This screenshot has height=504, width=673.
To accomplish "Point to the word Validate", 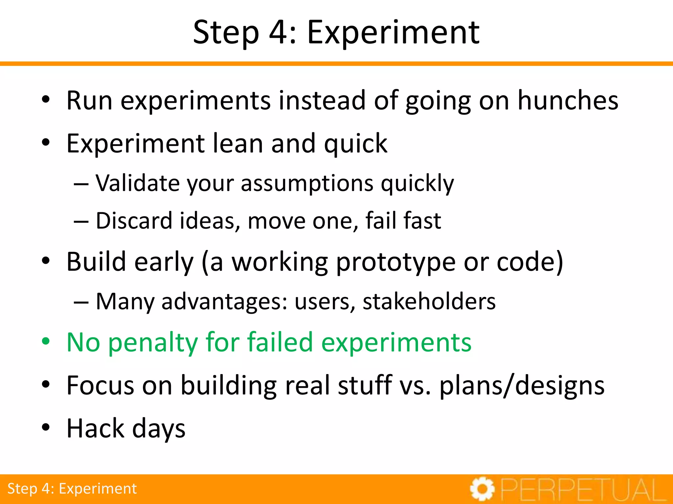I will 137,183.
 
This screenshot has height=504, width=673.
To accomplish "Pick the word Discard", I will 134,220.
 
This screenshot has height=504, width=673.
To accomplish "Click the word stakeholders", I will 429,301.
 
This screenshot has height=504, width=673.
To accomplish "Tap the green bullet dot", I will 46,342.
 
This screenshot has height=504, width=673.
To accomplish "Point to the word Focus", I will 100,385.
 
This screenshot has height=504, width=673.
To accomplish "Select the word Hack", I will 95,428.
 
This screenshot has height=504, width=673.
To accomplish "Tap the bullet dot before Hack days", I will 46,428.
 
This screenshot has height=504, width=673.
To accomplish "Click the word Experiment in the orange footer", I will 98,489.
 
